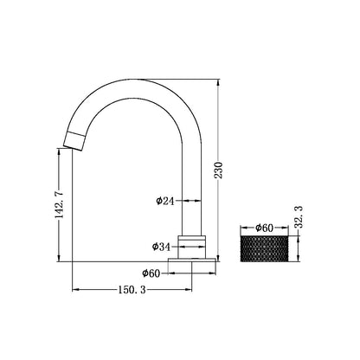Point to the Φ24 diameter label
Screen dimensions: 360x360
(x=170, y=201)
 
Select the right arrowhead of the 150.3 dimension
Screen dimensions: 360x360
(x=190, y=287)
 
